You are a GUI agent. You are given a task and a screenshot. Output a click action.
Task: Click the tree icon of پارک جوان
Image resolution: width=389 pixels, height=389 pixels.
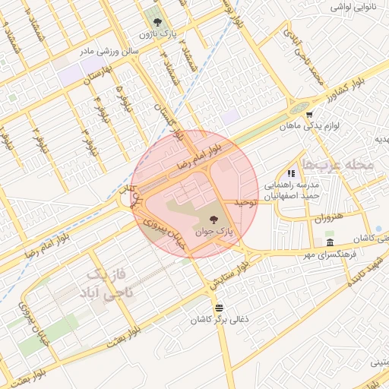[211, 219]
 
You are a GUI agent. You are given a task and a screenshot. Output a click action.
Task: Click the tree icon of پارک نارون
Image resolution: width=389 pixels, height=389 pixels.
[157, 23]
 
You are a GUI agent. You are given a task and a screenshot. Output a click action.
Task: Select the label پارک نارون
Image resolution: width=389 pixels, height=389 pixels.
[157, 34]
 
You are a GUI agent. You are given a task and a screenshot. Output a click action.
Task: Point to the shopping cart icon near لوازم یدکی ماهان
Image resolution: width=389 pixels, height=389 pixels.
[309, 115]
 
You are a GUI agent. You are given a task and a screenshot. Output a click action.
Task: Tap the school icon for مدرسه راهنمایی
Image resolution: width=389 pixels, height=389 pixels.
[291, 174]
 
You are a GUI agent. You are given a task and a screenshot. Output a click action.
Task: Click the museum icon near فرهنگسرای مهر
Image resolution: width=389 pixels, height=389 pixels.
[329, 242]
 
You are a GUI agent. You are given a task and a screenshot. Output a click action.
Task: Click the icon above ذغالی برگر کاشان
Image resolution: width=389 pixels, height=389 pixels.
[220, 308]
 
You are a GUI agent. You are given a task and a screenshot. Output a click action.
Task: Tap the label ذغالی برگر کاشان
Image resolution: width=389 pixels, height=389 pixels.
[220, 319]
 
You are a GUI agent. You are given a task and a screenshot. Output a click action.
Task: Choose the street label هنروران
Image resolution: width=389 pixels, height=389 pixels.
[328, 218]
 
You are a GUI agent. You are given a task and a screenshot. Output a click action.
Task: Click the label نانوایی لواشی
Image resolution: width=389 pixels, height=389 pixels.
[353, 7]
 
